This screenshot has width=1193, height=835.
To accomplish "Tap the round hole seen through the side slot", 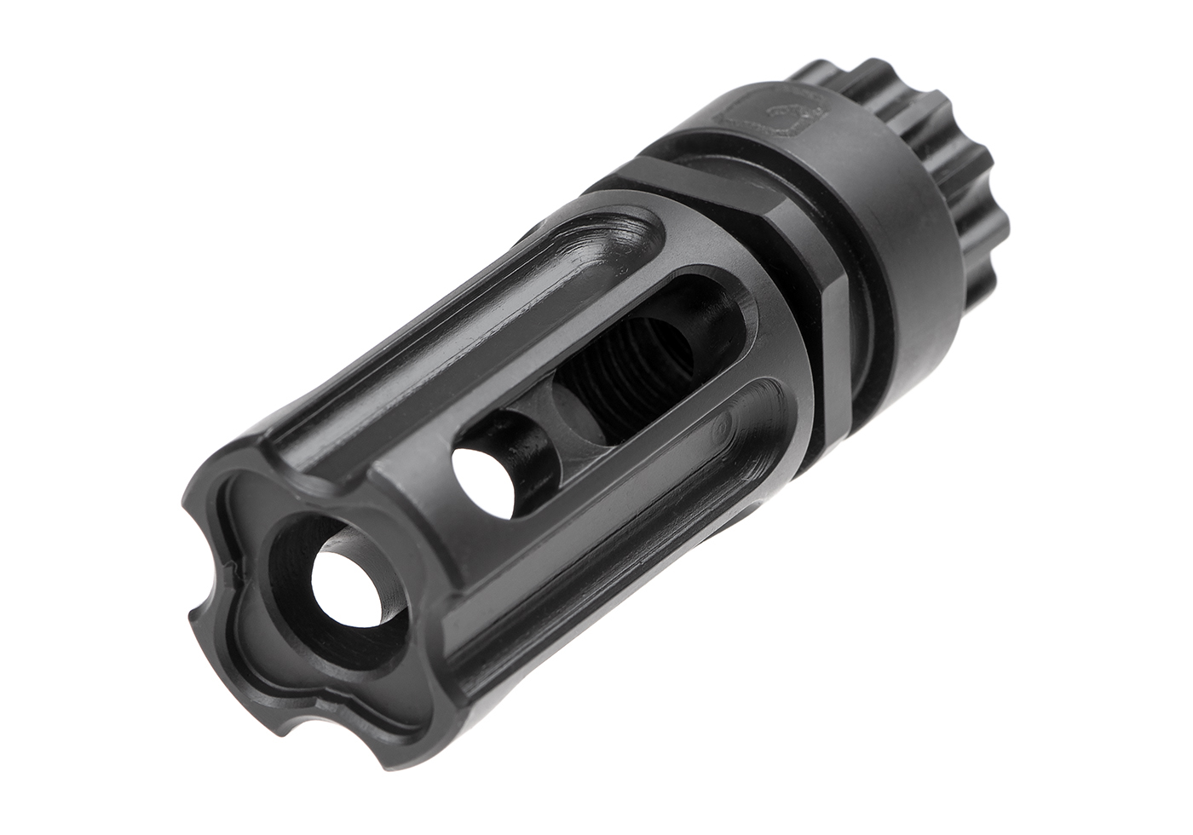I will tap(482, 482).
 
